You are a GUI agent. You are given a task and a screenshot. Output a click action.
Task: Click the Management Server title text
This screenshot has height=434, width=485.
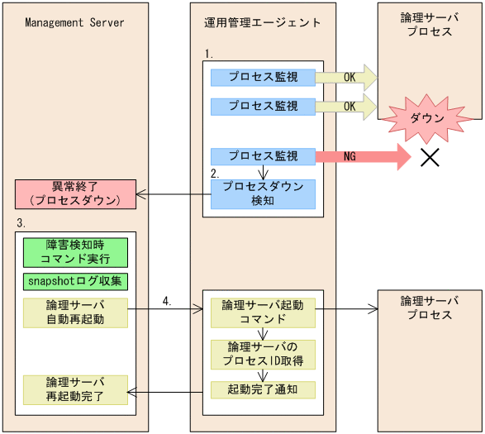(74, 22)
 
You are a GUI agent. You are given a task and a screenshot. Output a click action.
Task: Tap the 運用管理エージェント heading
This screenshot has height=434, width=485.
(262, 22)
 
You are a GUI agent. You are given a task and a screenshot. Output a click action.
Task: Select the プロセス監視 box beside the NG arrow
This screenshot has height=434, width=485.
(262, 155)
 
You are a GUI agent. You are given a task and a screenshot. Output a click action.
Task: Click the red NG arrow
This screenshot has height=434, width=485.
(364, 155)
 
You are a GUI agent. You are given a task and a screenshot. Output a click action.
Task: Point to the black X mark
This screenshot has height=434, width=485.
(430, 158)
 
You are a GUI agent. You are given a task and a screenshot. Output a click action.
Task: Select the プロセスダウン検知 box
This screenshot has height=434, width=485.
(262, 193)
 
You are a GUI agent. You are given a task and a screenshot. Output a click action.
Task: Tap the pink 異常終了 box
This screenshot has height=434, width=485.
(74, 194)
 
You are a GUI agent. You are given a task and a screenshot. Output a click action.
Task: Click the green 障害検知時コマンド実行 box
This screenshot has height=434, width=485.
(74, 252)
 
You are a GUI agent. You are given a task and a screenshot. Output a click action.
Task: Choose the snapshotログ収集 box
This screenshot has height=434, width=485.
(74, 281)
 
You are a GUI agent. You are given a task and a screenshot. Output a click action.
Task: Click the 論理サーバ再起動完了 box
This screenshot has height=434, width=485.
(74, 389)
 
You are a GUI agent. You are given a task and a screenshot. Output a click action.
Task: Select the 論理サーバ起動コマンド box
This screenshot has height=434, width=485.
(262, 312)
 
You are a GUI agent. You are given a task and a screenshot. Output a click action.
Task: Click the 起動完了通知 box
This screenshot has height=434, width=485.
(262, 389)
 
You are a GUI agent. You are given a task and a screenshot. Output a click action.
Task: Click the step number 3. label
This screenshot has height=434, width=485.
(21, 224)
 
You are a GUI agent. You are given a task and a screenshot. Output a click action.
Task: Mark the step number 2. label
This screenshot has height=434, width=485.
(215, 174)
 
